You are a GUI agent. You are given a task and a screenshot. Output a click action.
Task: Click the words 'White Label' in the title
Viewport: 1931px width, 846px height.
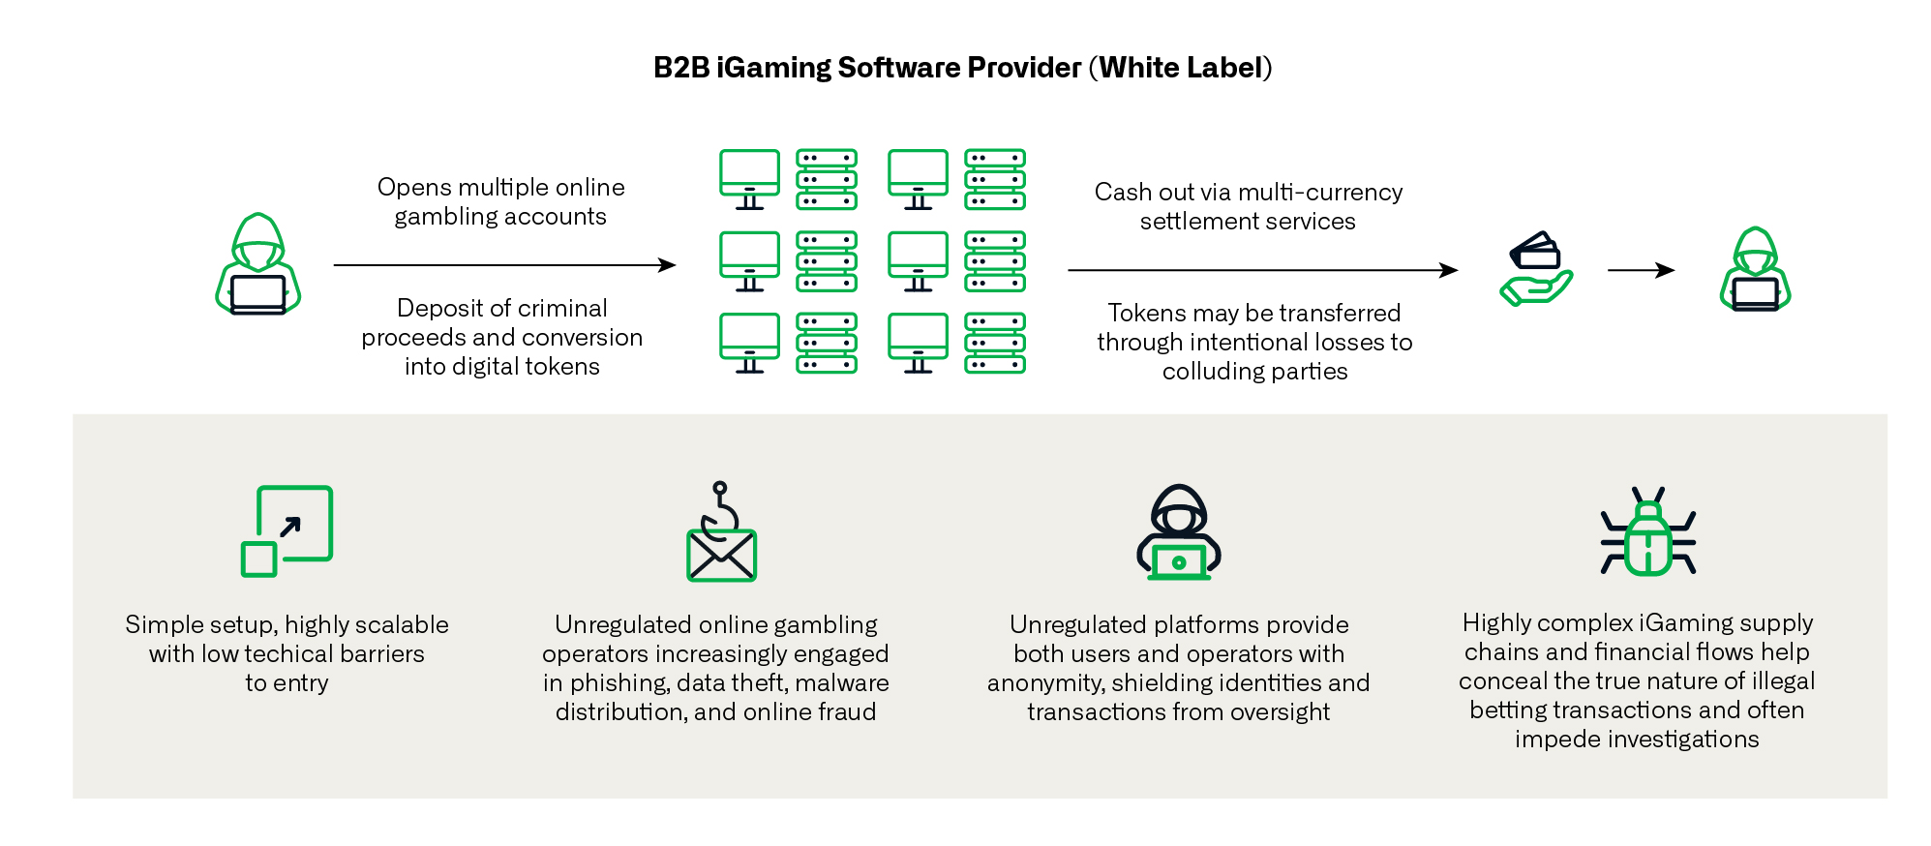click(1181, 68)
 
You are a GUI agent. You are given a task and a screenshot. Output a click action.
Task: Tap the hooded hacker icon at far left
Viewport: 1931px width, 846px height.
click(257, 264)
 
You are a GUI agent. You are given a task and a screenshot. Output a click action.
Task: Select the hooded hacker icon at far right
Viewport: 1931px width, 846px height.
click(1755, 269)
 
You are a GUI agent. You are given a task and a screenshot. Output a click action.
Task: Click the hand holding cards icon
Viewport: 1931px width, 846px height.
click(1535, 269)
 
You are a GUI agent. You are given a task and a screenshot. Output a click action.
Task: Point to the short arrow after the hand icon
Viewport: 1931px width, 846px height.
click(1641, 270)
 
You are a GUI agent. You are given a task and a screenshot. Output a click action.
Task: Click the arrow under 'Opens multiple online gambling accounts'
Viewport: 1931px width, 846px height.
click(504, 264)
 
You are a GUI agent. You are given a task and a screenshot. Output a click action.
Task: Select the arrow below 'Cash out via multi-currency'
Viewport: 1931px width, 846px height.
click(1262, 270)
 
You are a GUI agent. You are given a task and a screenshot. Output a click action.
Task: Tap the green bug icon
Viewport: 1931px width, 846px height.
click(1647, 533)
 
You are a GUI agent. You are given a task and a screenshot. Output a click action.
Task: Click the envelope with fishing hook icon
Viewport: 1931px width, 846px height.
click(721, 533)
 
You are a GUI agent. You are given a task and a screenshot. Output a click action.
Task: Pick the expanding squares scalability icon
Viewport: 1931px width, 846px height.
click(287, 531)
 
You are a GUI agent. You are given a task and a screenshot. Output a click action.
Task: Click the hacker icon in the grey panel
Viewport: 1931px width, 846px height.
click(1178, 533)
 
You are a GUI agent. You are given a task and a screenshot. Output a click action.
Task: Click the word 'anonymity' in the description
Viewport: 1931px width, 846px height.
click(1045, 683)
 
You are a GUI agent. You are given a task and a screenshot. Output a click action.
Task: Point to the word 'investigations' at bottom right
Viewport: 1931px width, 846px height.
click(1637, 740)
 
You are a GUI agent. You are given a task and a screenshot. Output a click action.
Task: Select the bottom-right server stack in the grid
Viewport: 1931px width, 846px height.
click(995, 343)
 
